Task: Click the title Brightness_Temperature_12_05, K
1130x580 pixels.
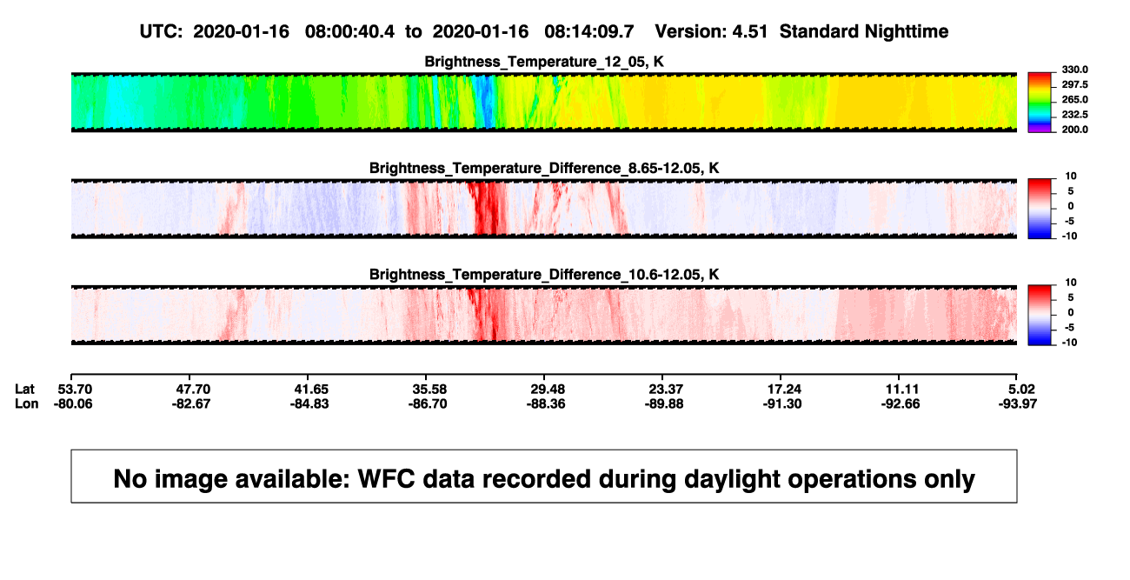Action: (544, 62)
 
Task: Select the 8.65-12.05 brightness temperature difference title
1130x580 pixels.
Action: (544, 168)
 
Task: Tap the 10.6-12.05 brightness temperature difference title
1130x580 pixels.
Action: (544, 275)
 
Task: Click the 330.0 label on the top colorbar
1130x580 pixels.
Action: (1074, 70)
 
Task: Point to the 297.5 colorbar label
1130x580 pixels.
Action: (1074, 85)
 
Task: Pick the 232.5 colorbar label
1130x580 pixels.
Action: (1074, 115)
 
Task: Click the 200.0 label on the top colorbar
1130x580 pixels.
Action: (1074, 130)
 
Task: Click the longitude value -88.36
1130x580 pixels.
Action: (545, 404)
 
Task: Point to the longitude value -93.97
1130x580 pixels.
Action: (1018, 404)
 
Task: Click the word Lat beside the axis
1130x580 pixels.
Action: (24, 390)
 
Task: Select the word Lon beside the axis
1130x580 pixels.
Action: (26, 404)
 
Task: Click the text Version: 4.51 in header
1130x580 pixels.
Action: (711, 32)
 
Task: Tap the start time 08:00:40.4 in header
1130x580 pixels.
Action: (349, 32)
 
